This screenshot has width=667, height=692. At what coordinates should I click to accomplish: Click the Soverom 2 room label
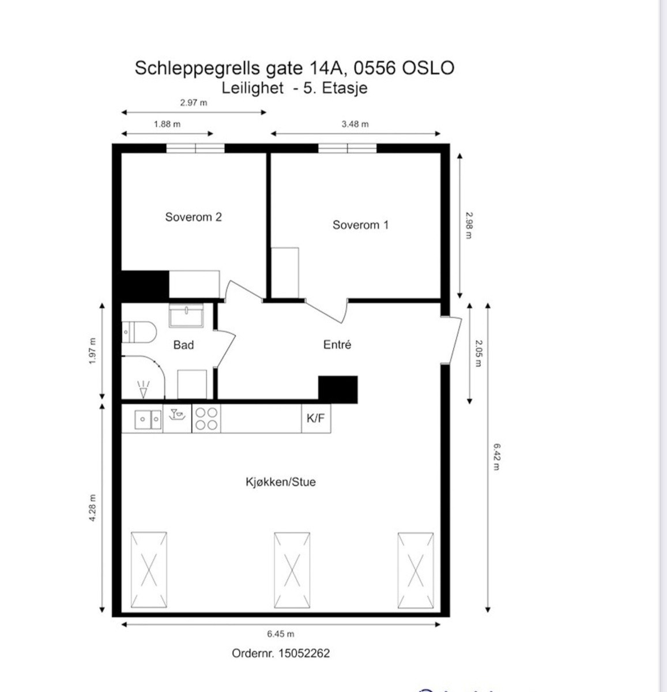point(193,217)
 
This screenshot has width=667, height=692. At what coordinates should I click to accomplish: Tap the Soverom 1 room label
point(360,225)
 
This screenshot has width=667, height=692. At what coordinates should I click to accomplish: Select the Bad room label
point(183,345)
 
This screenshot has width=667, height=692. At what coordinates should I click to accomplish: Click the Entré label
point(337,344)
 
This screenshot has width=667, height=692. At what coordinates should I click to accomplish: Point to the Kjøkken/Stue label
point(281,482)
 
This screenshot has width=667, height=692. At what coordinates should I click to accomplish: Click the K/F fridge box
point(316,419)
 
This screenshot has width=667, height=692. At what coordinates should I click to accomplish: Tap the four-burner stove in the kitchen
point(206,419)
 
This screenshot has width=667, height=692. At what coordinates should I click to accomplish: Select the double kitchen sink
point(148,419)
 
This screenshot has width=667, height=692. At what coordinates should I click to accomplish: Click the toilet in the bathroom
point(140,332)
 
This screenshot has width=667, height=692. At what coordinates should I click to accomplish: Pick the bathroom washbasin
point(186,315)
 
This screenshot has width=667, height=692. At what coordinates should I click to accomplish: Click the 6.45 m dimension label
point(281,634)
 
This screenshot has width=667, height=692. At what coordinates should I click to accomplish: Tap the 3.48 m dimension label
point(355,124)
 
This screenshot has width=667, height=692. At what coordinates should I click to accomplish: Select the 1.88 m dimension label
point(167,124)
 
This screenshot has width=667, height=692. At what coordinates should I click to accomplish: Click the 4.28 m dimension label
point(92,509)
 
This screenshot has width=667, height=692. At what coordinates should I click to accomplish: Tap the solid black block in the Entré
point(338,389)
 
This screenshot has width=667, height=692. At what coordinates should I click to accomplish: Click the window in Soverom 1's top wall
point(348,148)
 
